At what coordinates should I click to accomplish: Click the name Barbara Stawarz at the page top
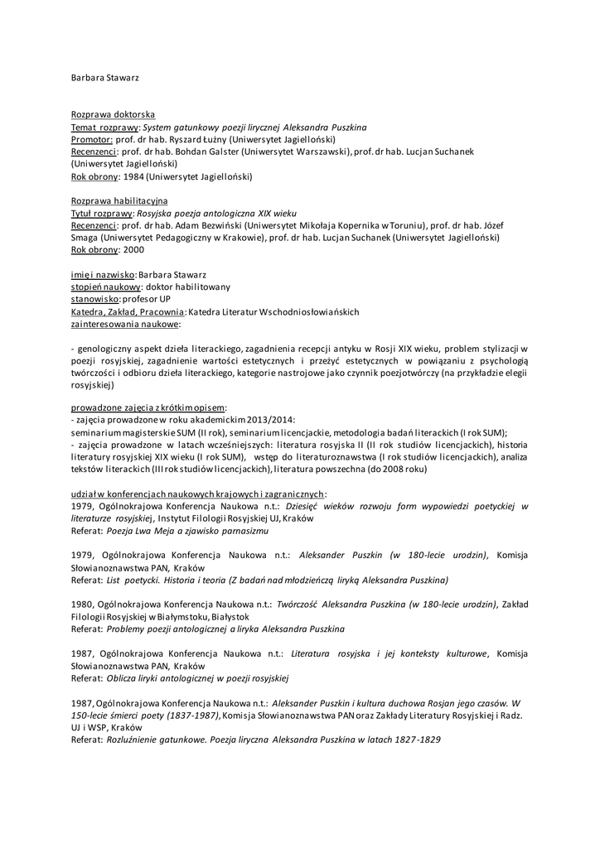coord(104,77)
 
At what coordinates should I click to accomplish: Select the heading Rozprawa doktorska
coord(113,114)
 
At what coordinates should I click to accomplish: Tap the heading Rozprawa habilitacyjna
coord(119,200)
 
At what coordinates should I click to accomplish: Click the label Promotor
coord(92,140)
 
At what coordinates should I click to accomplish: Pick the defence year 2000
coord(133,249)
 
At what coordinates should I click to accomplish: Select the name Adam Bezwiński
coord(209,224)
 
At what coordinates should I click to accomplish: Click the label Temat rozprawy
coord(104,128)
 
